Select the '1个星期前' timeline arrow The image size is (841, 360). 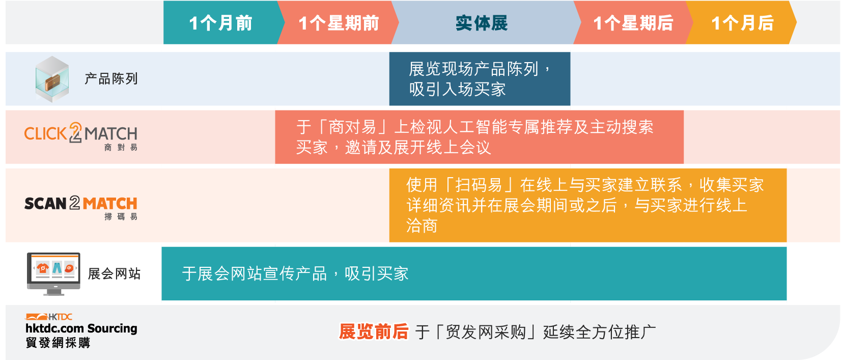[x=338, y=22]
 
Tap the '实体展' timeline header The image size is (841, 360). [x=482, y=22]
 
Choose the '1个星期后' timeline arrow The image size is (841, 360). [x=633, y=22]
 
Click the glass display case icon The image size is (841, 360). [x=52, y=79]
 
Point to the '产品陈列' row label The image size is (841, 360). [x=111, y=79]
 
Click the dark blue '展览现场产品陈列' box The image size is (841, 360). [x=480, y=79]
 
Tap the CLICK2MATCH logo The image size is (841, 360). [x=81, y=136]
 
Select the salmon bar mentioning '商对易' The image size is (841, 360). [x=480, y=137]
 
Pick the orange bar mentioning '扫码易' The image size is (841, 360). [x=588, y=205]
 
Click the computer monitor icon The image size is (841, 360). [x=53, y=273]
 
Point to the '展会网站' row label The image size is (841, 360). [x=114, y=273]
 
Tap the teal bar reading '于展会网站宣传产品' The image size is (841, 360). [x=474, y=273]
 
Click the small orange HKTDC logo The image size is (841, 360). [x=49, y=317]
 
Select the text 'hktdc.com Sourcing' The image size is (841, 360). [x=81, y=328]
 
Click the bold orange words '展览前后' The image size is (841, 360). [x=373, y=332]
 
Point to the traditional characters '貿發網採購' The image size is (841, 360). [x=58, y=343]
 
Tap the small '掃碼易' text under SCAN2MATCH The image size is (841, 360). [x=121, y=216]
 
